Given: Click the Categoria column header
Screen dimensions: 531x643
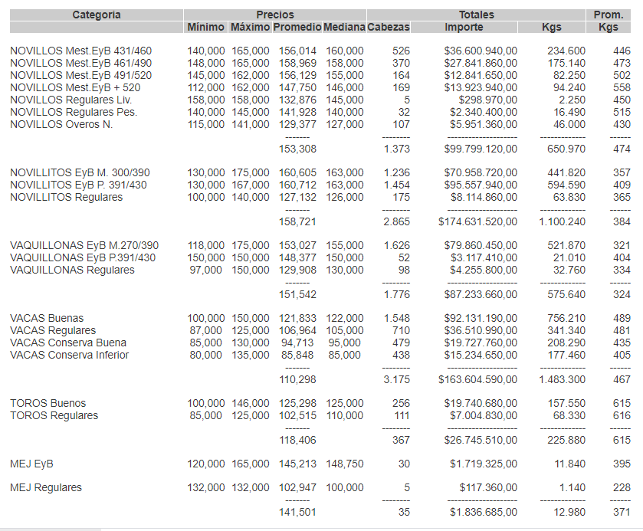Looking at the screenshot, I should [x=97, y=15].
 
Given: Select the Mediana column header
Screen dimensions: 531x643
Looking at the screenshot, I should [x=343, y=27].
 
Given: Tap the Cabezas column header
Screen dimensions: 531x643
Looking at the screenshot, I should [x=389, y=27].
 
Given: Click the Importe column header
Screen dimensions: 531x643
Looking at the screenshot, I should [x=464, y=27].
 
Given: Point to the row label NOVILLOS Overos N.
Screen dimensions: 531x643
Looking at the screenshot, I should [x=61, y=125].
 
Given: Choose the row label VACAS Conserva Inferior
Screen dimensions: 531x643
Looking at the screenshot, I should [x=69, y=355].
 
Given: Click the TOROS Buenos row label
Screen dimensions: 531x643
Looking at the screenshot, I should [x=48, y=403].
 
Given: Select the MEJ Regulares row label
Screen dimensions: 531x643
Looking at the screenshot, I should [x=46, y=487].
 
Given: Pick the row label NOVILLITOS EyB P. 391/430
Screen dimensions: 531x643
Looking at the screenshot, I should [x=78, y=185].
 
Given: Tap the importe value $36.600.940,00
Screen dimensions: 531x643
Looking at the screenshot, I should [x=481, y=51].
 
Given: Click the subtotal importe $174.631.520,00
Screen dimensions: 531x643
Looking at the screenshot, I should [x=477, y=221].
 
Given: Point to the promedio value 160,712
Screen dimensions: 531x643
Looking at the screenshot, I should [x=294, y=185].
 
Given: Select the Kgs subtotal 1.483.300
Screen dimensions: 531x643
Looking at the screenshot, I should [x=563, y=379].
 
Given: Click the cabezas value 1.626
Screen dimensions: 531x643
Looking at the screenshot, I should [x=396, y=245].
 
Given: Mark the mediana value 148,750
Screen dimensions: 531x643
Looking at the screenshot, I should [x=343, y=464].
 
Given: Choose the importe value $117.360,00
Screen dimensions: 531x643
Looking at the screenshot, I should [x=488, y=487].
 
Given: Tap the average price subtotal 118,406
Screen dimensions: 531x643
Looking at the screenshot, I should [x=297, y=440].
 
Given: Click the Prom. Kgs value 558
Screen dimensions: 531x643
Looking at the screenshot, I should [x=622, y=87].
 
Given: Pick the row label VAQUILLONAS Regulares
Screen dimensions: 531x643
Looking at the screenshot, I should [x=72, y=270].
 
